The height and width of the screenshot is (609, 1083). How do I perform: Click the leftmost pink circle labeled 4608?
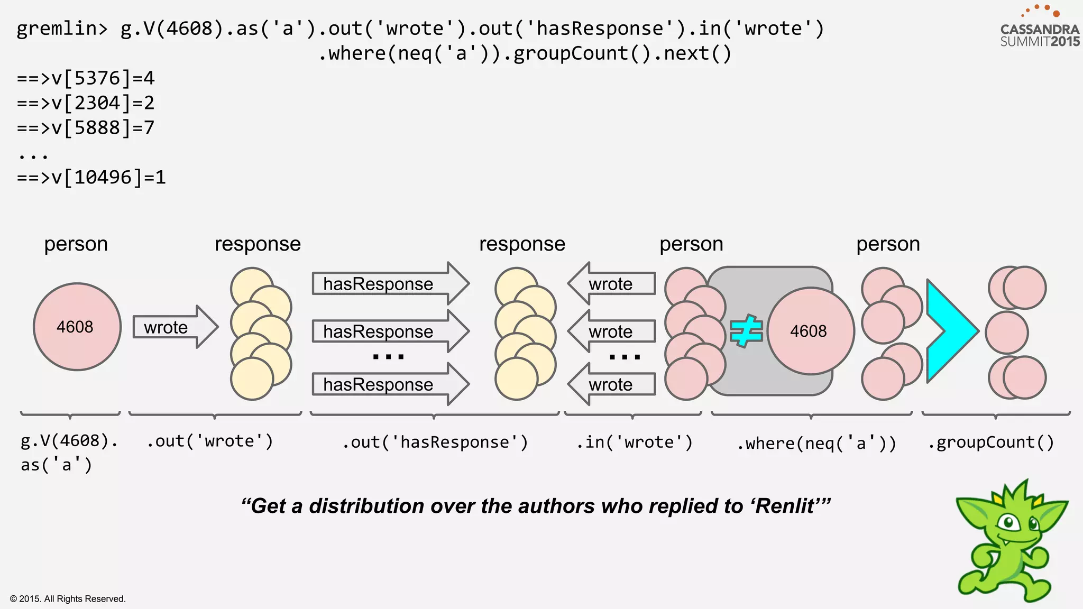coord(77,327)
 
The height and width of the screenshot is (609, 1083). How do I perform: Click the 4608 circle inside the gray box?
coord(810,331)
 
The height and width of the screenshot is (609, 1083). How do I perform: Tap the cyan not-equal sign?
coord(746,331)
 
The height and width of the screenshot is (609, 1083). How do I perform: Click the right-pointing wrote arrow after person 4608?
coord(175,327)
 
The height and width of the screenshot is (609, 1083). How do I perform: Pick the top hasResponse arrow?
coord(390,284)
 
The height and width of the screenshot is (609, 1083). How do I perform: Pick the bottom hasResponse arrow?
coord(390,384)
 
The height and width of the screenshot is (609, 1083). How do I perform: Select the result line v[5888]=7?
coord(86,128)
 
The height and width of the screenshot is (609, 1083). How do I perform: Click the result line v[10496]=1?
coord(91,178)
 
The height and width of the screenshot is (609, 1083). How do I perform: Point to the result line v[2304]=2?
coord(86,103)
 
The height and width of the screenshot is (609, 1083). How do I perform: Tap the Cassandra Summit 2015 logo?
coord(1039,29)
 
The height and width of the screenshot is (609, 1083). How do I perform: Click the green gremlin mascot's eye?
coord(1009,523)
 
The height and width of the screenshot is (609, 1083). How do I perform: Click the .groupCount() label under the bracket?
coord(991,442)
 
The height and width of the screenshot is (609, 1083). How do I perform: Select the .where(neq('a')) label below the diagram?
coord(816,443)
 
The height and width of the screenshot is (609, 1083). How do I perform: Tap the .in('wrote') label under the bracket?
coord(634,442)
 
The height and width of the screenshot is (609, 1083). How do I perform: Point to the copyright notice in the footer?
coord(68,598)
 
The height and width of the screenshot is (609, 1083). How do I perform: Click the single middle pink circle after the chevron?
coord(1007,333)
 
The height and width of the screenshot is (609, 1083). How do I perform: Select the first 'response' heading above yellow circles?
coord(258,244)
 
